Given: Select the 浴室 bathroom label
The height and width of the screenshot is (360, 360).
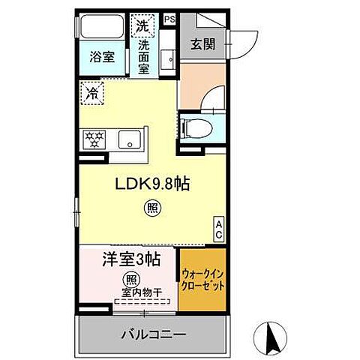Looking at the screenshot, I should (x=103, y=58).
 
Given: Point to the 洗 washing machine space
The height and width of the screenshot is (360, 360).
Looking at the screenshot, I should (x=142, y=25).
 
